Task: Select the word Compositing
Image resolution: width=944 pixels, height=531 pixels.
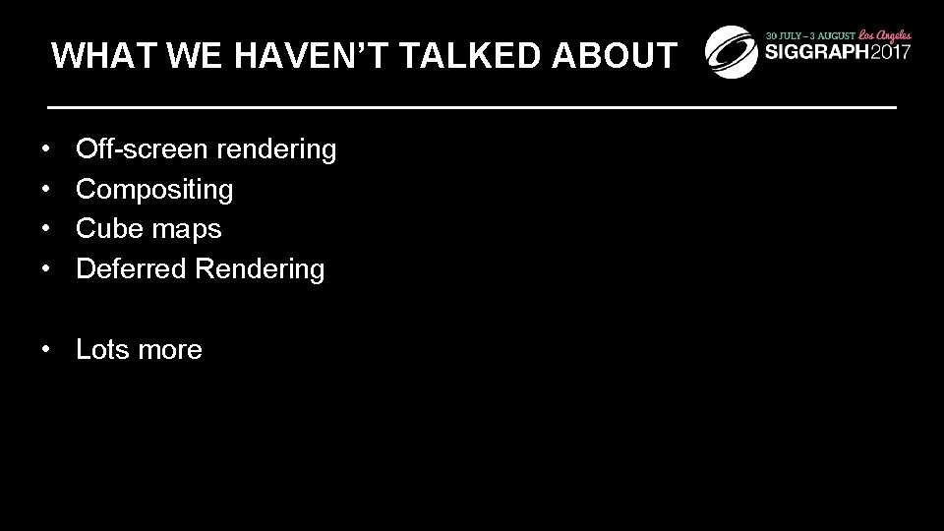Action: pos(154,190)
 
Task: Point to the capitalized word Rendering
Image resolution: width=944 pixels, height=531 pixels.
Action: pos(260,269)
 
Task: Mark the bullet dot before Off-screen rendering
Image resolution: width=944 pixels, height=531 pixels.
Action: pos(47,150)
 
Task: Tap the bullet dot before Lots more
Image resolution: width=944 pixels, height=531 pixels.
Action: pos(47,350)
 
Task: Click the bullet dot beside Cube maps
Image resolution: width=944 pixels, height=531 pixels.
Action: pos(47,229)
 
